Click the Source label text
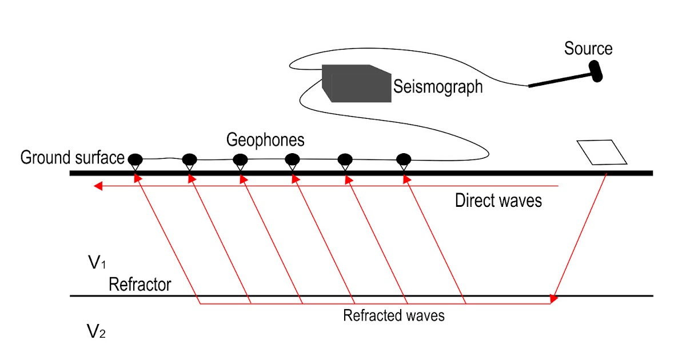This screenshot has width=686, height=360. click(588, 49)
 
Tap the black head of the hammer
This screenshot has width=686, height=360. click(595, 71)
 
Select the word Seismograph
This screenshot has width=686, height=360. click(438, 87)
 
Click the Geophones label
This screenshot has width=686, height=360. click(265, 140)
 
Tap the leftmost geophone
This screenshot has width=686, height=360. click(135, 159)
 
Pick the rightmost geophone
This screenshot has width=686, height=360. click(404, 159)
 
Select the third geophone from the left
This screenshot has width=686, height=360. click(240, 159)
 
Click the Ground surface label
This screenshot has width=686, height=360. click(72, 158)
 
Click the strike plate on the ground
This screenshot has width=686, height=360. click(602, 153)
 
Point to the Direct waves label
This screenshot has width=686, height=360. click(498, 201)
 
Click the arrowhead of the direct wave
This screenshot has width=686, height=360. click(98, 186)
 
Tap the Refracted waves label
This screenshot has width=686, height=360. click(393, 315)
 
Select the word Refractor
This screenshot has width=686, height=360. click(139, 284)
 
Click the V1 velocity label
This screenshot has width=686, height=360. click(96, 263)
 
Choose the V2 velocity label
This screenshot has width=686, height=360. click(96, 331)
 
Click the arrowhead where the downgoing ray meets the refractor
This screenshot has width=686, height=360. click(553, 298)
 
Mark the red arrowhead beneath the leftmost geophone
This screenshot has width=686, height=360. click(137, 179)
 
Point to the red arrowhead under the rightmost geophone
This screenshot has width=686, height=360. click(406, 179)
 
